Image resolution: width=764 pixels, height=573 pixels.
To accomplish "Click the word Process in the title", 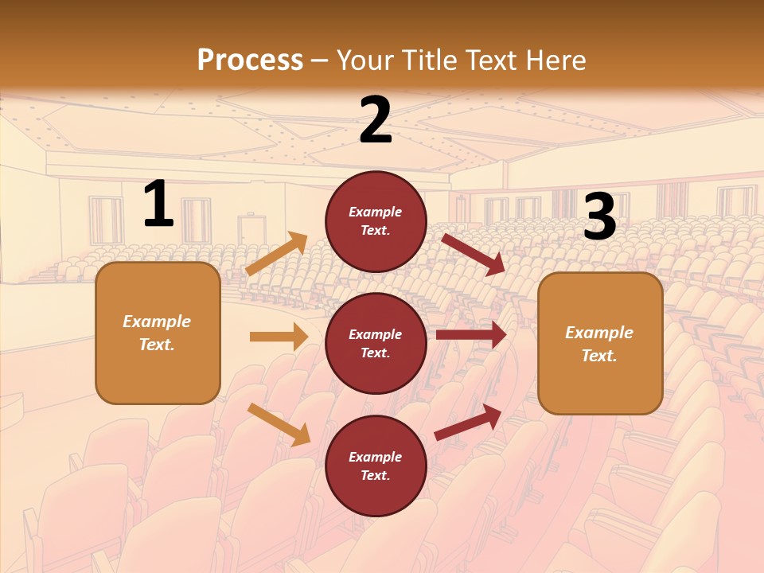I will (x=250, y=60).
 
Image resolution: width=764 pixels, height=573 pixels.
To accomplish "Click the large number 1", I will (x=158, y=205).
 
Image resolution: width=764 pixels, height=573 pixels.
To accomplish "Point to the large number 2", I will (x=376, y=120).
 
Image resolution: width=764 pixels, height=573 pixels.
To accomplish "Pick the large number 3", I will (x=599, y=217).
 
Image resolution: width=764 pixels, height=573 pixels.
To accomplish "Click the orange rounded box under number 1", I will (x=158, y=333).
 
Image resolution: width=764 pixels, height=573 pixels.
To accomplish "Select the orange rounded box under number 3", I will (x=600, y=344).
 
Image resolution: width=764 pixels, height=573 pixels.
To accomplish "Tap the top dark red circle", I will (x=376, y=221).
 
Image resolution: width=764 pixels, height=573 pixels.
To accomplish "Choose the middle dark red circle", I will (x=376, y=343).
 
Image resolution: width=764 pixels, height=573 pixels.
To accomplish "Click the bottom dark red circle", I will (x=376, y=466).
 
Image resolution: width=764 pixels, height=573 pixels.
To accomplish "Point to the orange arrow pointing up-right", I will (x=277, y=254).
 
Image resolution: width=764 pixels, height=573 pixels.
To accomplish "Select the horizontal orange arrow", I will (x=279, y=337).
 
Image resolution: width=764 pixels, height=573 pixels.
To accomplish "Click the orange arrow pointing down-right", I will (x=279, y=424).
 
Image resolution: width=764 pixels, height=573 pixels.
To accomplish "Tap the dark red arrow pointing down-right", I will (x=474, y=254).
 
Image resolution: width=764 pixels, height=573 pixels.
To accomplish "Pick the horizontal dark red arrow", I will (x=471, y=335).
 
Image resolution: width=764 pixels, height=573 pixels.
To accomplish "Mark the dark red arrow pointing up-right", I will (x=468, y=422).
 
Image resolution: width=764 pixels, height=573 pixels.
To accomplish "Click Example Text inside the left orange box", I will (x=157, y=333).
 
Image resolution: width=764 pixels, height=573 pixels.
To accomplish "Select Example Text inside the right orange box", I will (x=599, y=344).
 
